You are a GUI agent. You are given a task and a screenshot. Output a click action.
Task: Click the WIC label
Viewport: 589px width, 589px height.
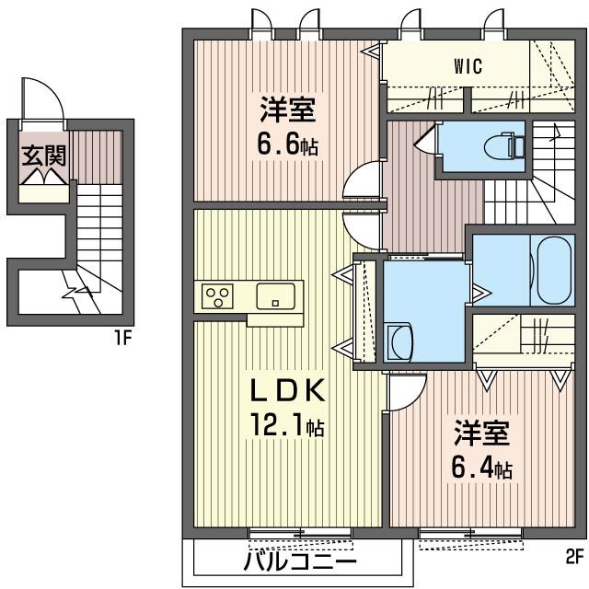point(468,66)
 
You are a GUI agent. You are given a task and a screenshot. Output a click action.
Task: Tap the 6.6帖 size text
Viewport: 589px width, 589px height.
point(288,144)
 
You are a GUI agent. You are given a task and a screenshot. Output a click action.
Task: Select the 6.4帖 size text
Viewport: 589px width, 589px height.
point(482,468)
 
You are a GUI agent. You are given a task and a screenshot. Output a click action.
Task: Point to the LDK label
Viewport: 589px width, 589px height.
point(287,390)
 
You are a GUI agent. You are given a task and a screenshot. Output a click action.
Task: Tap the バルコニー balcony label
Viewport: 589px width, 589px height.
point(299,562)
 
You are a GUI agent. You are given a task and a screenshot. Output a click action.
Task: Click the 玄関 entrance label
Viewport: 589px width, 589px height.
point(44,156)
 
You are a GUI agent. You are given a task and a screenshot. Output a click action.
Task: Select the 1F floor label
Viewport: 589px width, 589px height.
point(122,339)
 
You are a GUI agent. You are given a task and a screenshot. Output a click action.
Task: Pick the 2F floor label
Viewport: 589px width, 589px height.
point(574,557)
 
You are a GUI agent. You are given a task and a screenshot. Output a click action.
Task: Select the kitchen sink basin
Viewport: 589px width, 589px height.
point(275,296)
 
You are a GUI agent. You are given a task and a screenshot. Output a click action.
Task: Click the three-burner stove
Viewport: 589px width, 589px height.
point(217,296)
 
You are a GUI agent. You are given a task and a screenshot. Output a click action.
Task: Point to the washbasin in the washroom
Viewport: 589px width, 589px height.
point(400,341)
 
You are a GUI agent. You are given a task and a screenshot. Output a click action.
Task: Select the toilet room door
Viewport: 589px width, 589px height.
point(425,137)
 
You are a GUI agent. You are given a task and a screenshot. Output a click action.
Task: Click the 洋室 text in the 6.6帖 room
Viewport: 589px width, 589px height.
point(288,110)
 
